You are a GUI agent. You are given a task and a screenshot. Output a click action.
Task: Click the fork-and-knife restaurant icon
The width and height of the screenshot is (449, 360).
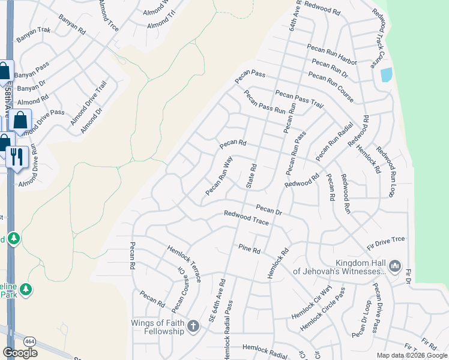[16, 157]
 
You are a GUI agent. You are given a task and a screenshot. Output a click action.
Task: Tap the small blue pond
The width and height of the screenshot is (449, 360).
[387, 75]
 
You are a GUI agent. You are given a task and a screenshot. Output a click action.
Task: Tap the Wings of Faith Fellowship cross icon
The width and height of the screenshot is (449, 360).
[193, 326]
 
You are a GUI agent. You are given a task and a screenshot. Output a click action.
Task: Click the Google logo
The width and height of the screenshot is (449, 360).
[20, 353]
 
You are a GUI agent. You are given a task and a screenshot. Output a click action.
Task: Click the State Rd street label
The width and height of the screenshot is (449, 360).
[252, 175]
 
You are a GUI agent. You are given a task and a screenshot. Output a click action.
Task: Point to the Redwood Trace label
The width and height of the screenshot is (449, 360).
[246, 218]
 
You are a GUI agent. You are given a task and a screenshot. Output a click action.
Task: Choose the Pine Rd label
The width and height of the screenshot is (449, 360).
[249, 248]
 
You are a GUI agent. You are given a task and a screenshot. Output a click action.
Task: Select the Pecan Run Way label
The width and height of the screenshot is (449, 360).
[218, 176]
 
